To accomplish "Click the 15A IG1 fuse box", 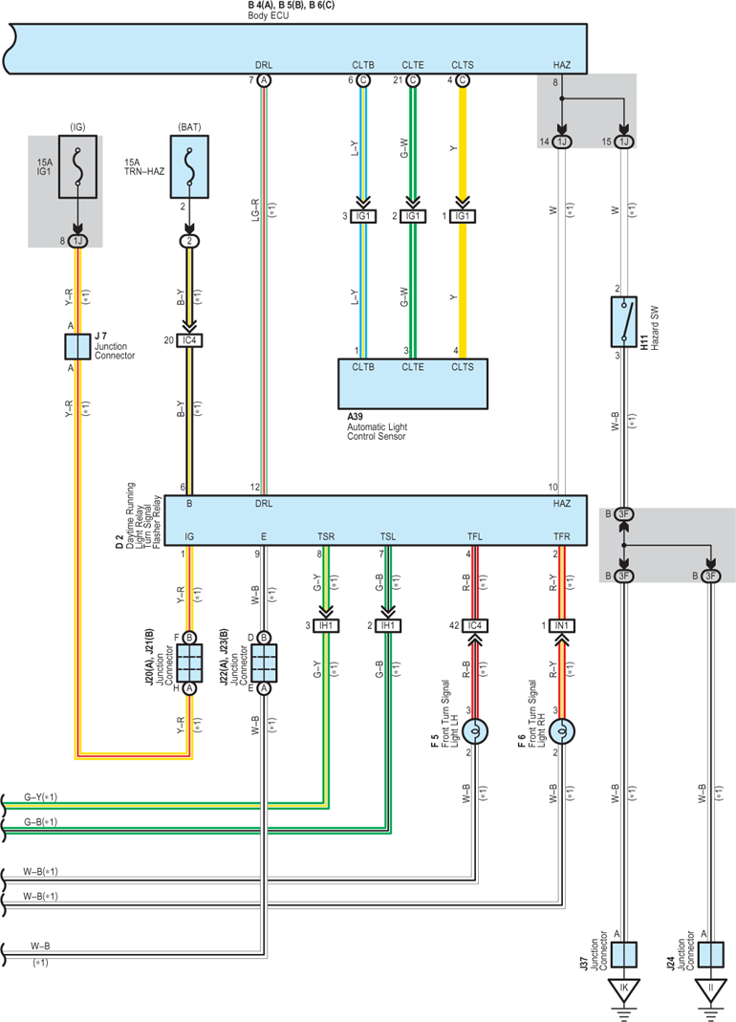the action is pos(77,167).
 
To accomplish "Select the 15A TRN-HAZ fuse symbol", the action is pos(189,167).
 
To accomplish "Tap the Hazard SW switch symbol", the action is pos(624,322).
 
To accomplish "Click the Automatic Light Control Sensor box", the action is pos(413,384).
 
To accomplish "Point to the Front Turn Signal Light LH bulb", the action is pos(475,732).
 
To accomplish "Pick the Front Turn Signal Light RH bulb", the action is pos(561,732).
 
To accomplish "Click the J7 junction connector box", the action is pos(77,347).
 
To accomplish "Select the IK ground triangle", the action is pos(624,989).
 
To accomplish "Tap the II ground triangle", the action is pos(710,989).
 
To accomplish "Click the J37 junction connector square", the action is pos(624,954).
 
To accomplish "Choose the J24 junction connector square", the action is pos(710,954).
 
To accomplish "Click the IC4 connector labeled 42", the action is pos(475,625).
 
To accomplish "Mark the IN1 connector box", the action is pos(561,625).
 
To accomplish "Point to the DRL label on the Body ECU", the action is pos(264,65).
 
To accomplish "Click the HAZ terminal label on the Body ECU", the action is pos(561,65).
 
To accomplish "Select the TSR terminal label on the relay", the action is pos(326,536).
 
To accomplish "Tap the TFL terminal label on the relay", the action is pos(475,536).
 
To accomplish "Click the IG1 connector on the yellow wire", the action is pos(463,216).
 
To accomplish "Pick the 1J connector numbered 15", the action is pos(624,142).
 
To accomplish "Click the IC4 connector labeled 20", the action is pos(189,340).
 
